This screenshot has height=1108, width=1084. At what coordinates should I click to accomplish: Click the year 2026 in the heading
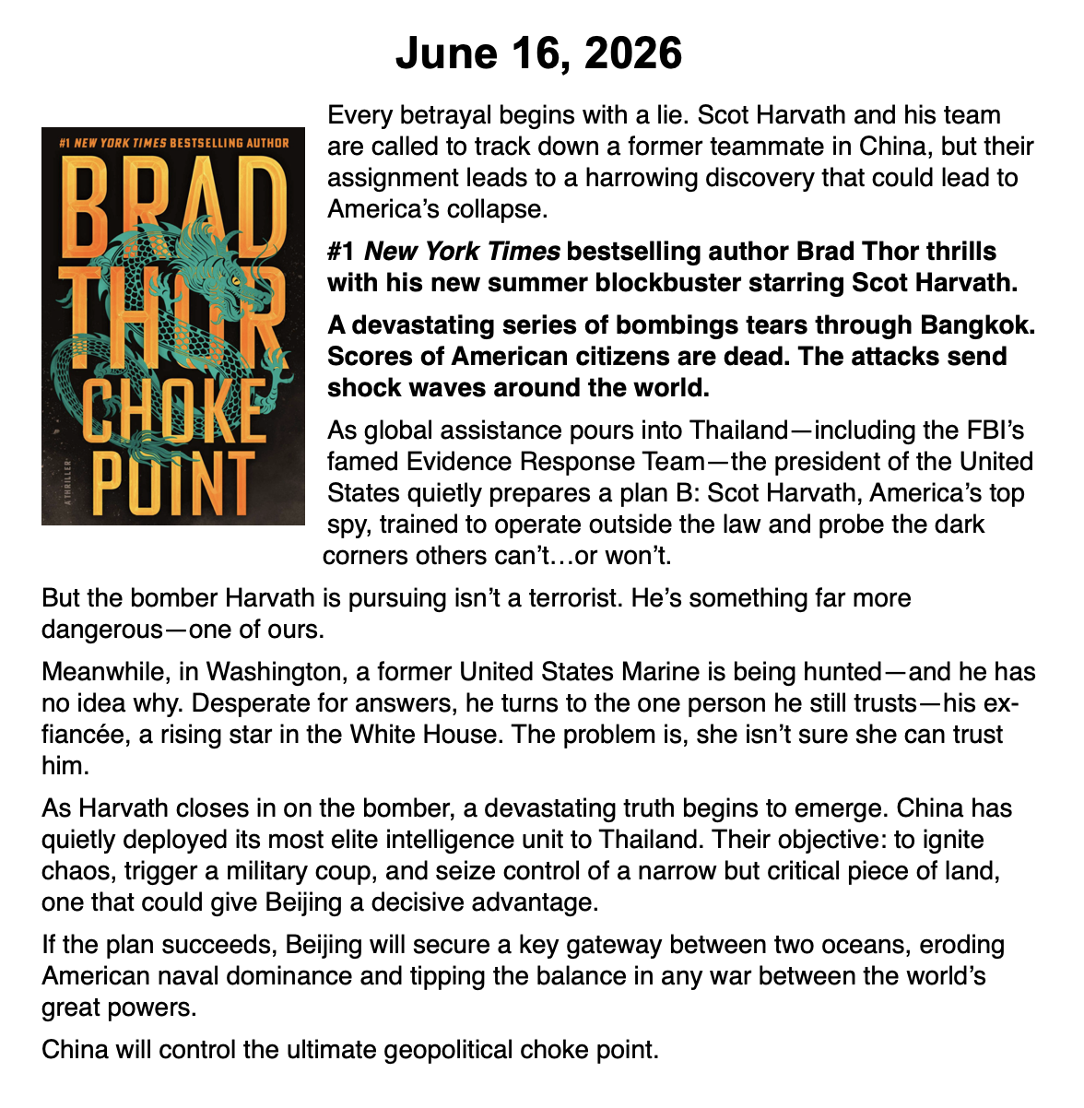[x=632, y=53]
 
